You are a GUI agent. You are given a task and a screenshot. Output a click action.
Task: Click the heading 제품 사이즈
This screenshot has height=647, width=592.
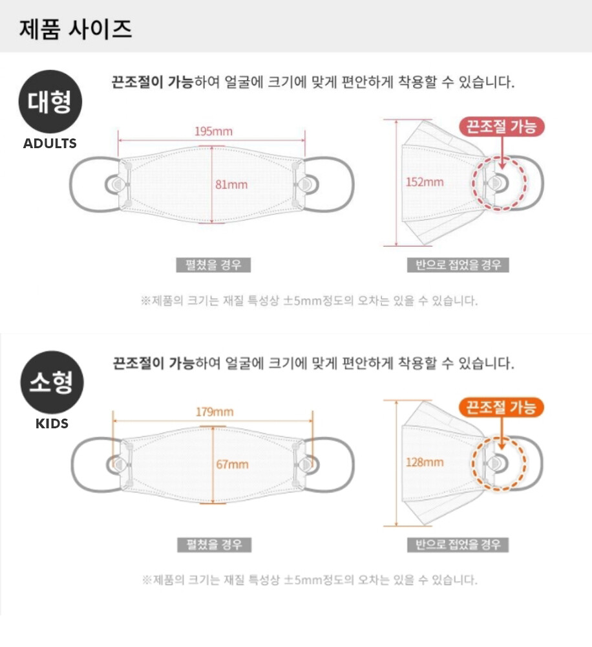76,29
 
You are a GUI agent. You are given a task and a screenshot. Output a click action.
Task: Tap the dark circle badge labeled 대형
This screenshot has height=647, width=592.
50,102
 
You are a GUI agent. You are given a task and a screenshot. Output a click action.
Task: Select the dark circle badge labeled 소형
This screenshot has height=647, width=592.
52,382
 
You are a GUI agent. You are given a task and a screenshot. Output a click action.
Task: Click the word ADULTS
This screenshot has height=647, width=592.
50,143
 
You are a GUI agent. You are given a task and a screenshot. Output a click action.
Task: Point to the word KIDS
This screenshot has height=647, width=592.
52,423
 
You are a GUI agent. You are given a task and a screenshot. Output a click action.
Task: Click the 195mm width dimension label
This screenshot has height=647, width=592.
213,131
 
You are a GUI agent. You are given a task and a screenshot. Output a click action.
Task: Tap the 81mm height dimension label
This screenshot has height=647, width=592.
231,184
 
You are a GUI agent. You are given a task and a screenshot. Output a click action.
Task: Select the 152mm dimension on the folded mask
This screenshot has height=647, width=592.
425,182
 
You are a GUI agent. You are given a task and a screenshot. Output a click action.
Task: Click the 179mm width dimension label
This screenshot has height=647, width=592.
215,411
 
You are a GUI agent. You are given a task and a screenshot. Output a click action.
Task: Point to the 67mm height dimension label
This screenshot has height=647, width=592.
232,465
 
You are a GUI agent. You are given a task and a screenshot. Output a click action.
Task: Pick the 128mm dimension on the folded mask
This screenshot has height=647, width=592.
425,462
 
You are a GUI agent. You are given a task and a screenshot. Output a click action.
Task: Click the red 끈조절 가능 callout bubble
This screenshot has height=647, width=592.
502,126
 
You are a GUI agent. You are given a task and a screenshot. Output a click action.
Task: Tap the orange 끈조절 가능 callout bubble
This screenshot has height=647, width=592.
502,407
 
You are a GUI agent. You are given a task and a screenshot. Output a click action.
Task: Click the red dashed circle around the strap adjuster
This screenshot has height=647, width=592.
473,183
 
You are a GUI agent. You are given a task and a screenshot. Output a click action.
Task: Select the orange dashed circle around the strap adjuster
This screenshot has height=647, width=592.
473,464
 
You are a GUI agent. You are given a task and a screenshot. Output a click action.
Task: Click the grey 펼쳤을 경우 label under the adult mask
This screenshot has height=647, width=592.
213,265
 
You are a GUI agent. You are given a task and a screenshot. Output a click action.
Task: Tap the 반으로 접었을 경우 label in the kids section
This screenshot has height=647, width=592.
458,545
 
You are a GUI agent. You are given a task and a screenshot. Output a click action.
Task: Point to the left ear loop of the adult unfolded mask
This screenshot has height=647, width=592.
71,184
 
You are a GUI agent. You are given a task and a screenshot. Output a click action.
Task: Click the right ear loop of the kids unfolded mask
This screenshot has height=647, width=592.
352,465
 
